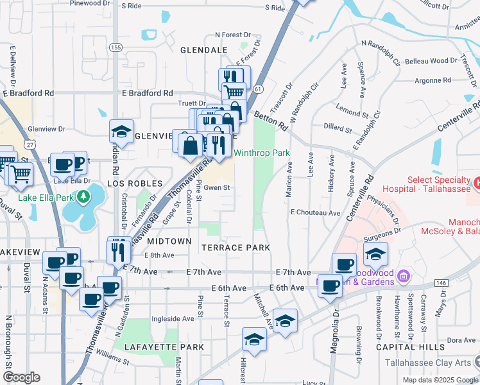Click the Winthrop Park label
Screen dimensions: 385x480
pos(261,153)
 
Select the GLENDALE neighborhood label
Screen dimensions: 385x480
pos(204,49)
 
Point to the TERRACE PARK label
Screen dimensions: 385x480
pos(235,247)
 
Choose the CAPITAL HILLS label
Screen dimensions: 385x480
pos(410,347)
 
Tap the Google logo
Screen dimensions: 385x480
pos(21,377)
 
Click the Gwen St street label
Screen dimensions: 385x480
pos(217,188)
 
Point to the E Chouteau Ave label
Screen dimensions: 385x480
pos(314,212)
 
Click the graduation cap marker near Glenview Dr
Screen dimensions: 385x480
pos(121,132)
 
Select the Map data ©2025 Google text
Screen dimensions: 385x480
pos(440,379)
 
